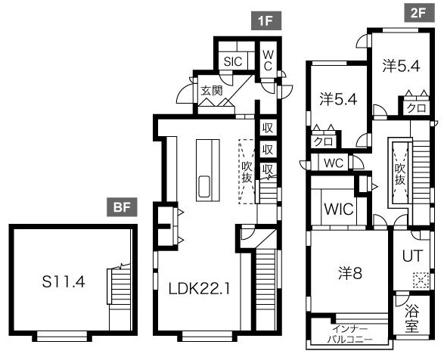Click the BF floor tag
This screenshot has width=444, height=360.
point(122,207)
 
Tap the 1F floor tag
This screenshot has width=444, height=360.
point(266,20)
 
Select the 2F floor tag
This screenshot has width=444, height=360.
point(419,13)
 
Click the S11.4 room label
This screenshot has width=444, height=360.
point(64,282)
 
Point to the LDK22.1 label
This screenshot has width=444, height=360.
point(199,289)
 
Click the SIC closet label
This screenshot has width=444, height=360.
point(233,61)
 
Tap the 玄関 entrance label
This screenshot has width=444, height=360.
point(212,91)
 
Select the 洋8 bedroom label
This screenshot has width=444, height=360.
point(350,273)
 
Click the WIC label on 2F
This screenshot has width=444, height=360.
point(339,209)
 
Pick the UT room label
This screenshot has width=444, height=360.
point(412,255)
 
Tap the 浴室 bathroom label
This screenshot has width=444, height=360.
point(411,318)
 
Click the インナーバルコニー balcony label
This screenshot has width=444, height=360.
point(350,334)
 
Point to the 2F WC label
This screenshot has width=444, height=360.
point(334,163)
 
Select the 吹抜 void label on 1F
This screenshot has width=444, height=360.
point(247,172)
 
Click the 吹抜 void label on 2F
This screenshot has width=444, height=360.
point(400,175)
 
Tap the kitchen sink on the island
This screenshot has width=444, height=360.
point(204,186)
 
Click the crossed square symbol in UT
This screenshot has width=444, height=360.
point(421,281)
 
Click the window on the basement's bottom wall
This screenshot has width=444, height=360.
point(62,336)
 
